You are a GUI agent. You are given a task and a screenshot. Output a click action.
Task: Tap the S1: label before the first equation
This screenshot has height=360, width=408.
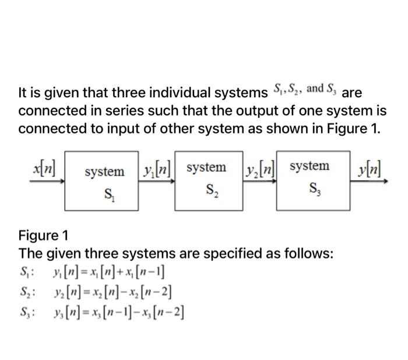click(27, 273)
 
